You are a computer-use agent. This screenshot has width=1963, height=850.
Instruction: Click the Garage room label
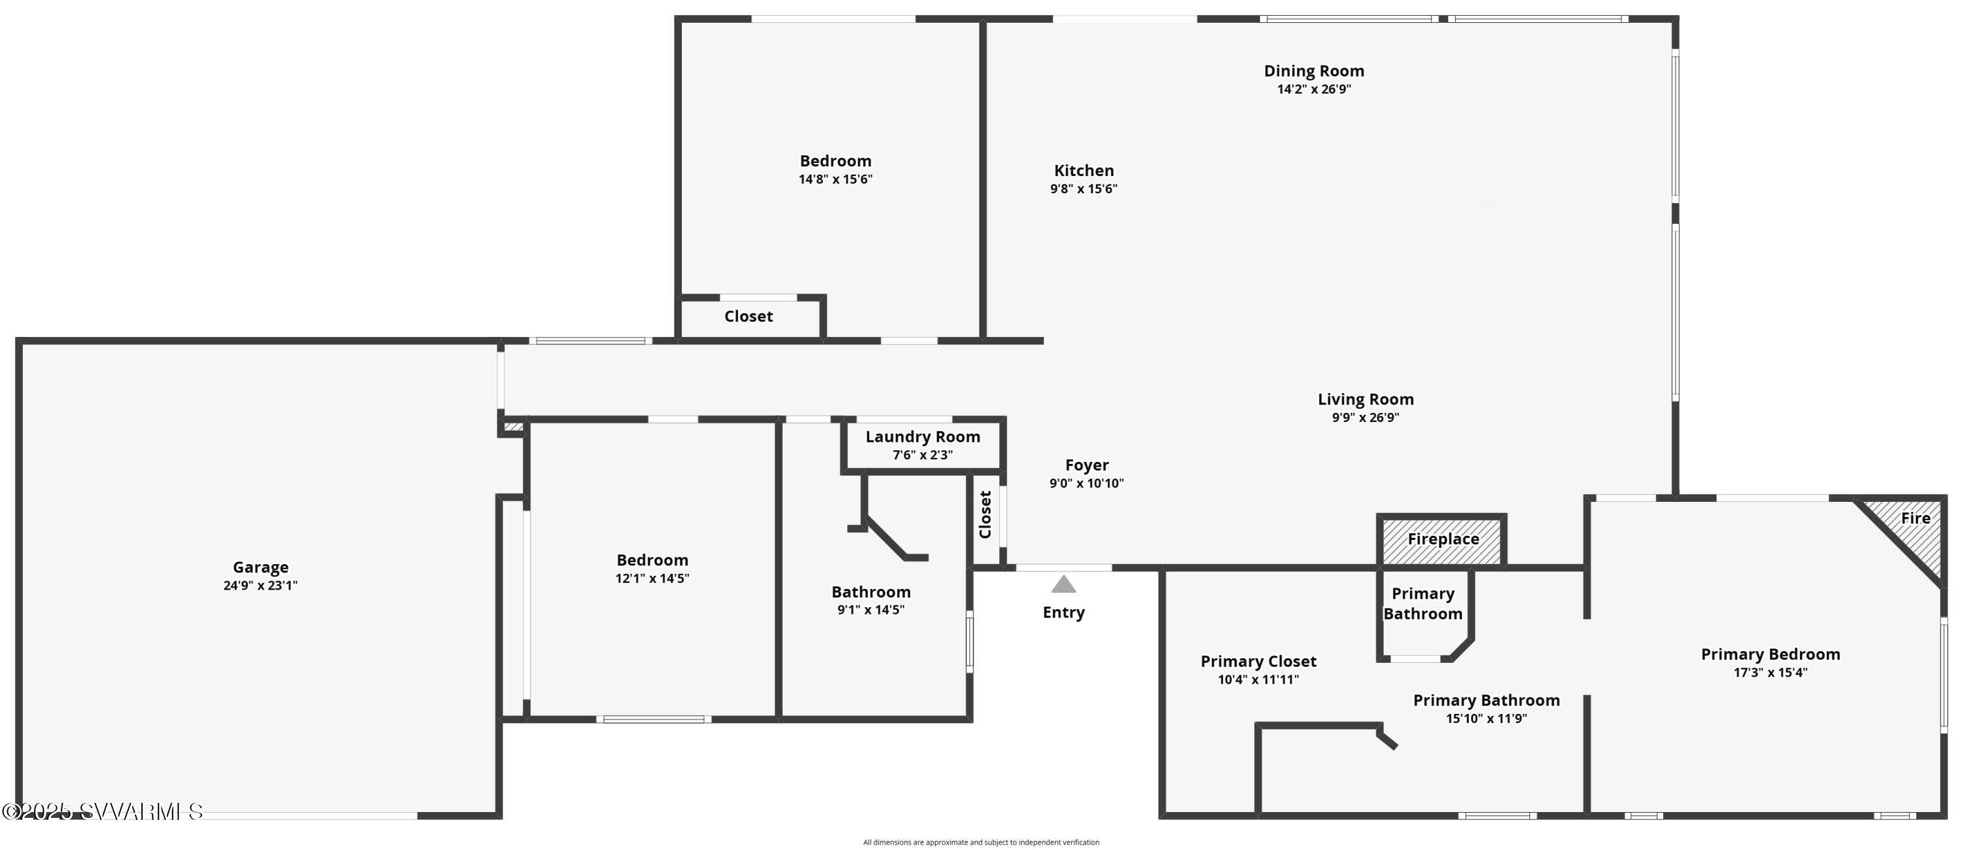(x=260, y=567)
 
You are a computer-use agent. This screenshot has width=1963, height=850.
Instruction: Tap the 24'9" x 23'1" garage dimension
(x=260, y=586)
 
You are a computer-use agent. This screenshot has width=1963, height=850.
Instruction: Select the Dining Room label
(x=1314, y=71)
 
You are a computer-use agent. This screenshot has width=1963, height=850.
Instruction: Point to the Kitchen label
(x=1084, y=171)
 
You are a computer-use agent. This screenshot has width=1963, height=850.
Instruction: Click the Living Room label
(x=1366, y=399)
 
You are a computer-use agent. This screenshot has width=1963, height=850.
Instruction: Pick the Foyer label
(x=1087, y=465)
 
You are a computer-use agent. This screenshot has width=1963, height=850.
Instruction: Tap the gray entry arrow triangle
(x=1064, y=585)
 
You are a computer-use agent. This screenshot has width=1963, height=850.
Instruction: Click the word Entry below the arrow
(x=1064, y=612)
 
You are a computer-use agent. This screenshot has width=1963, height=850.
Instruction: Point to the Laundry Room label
(x=923, y=437)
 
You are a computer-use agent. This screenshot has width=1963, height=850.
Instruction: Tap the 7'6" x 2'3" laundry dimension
(x=923, y=455)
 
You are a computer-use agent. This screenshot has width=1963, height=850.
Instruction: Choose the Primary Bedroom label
(x=1770, y=654)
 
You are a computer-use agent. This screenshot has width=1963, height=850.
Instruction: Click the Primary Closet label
(x=1258, y=662)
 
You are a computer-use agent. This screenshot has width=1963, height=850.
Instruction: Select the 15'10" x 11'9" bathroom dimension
(x=1486, y=718)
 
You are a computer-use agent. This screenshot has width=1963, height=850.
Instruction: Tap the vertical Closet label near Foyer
(x=985, y=514)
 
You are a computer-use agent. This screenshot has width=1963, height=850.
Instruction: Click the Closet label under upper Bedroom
(x=749, y=316)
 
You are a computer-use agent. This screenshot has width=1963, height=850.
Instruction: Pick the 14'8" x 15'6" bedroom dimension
(x=835, y=179)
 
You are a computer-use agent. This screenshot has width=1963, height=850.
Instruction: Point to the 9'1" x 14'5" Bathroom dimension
(x=870, y=610)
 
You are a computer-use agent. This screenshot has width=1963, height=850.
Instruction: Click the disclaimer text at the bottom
(x=981, y=842)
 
